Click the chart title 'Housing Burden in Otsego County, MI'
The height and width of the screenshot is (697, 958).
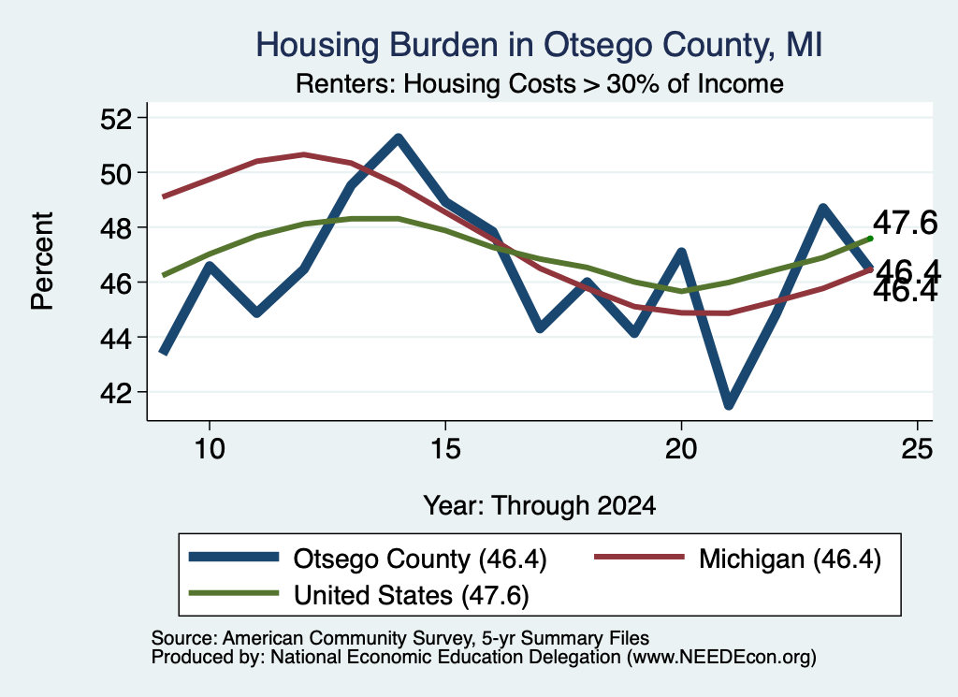539,46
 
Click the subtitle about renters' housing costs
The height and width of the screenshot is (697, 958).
540,83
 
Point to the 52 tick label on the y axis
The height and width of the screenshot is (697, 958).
116,119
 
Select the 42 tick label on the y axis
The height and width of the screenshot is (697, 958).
116,393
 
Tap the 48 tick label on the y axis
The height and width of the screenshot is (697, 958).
116,228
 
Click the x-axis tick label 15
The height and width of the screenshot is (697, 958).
445,449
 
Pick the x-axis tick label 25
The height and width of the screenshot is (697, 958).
917,449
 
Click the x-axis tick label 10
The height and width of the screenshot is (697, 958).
210,449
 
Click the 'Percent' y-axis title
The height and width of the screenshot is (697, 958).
42,261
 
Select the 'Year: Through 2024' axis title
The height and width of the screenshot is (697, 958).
540,506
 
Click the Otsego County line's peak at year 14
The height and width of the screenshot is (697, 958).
399,138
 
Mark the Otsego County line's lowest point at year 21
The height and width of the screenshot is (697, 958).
728,405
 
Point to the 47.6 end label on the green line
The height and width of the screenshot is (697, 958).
905,223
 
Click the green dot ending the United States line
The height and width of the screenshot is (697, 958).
870,239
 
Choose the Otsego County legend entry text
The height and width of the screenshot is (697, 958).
420,559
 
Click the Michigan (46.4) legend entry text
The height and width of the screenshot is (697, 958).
790,559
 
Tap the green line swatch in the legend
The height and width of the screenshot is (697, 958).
234,593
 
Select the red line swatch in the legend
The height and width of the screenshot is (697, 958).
640,557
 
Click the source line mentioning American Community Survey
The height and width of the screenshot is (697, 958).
400,638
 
